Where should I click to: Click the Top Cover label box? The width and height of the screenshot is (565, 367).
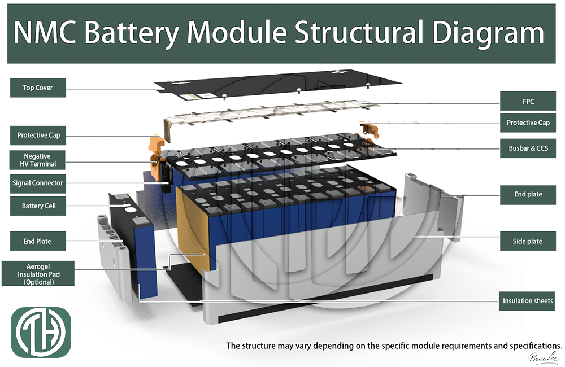coord(38,88)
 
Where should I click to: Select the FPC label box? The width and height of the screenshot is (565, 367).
coord(528,102)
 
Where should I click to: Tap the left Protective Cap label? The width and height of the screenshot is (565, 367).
coord(38,136)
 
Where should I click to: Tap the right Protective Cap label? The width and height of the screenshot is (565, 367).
coord(528,123)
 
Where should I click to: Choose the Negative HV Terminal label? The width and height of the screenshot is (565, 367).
coord(38,160)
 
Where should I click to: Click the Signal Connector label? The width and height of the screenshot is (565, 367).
coord(38,183)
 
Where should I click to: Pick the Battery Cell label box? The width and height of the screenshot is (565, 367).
coord(38,206)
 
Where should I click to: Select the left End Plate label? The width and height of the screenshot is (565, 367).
coord(38,241)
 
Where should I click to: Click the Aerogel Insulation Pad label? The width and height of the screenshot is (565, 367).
coord(38,273)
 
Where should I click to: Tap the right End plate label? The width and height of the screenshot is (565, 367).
coord(528,194)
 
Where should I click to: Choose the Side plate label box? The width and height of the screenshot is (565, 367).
coord(528,241)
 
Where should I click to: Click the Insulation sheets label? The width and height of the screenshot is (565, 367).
coord(528,301)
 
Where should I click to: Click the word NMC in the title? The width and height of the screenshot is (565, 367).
coord(46,33)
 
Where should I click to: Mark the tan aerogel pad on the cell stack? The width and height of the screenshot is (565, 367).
coord(195,226)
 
